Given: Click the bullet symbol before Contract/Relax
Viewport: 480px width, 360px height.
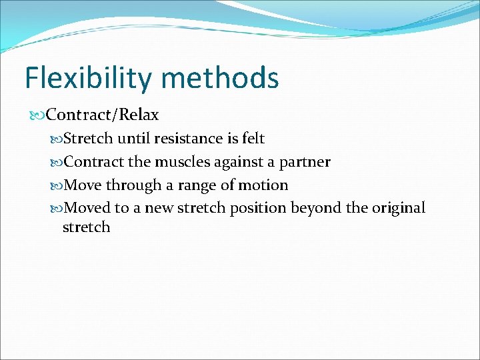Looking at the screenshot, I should click(x=39, y=115).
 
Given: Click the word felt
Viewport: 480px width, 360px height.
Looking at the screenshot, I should click(x=252, y=139).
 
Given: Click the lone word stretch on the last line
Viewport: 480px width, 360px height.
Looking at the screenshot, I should click(x=86, y=227).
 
